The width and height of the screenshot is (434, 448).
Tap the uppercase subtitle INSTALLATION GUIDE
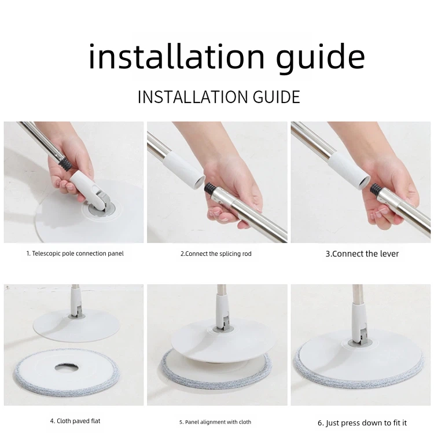(x=219, y=97)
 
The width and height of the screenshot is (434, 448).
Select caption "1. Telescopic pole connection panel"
(x=75, y=254)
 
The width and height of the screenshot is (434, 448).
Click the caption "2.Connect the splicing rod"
(x=216, y=254)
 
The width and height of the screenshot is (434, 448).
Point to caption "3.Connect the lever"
(x=362, y=254)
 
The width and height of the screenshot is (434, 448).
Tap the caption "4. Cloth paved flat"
(x=75, y=421)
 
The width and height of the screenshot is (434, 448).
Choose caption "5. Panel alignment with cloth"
(x=215, y=422)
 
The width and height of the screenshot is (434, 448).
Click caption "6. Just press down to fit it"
(x=362, y=423)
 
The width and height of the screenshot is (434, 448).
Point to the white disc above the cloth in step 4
(x=76, y=325)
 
